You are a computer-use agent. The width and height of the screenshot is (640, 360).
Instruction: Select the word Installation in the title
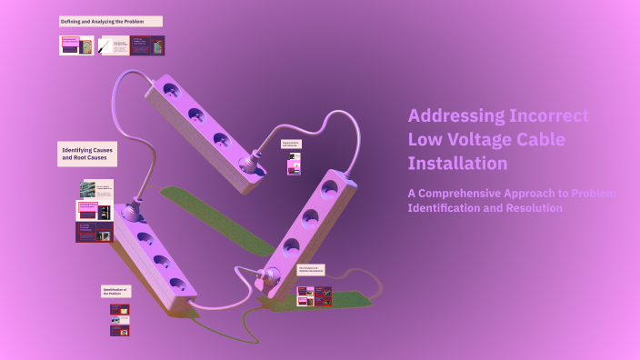457,164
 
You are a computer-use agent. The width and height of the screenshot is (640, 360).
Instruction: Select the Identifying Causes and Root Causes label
87,154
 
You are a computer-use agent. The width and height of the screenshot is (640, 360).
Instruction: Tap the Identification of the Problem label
115,292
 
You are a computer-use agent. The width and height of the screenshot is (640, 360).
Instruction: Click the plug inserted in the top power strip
247,163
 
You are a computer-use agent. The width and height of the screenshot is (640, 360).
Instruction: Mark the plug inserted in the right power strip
268,273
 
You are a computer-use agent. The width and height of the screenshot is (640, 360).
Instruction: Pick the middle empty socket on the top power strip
195,115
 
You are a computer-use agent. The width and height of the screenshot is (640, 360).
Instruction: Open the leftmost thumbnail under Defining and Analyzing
77,45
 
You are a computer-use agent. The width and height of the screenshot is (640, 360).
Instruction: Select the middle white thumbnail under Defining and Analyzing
114,45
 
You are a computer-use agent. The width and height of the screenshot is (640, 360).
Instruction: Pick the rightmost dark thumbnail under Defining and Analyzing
148,45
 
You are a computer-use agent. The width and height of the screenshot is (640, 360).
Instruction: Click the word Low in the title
424,140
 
